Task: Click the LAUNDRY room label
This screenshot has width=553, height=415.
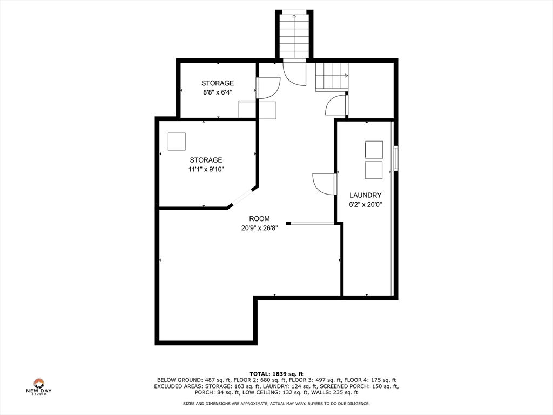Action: (366, 195)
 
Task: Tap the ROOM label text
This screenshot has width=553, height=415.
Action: (259, 219)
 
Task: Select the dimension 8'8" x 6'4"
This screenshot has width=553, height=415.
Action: (217, 92)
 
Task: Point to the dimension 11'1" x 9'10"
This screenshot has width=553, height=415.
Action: (206, 169)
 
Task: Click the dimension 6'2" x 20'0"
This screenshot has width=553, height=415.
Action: (366, 205)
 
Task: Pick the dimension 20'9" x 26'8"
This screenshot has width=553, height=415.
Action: (259, 229)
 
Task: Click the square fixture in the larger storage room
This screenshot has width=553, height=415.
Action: (177, 142)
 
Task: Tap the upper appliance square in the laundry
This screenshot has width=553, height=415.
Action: (374, 150)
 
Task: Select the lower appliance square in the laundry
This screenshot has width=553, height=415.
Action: (374, 170)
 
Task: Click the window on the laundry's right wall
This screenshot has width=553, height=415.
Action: (396, 158)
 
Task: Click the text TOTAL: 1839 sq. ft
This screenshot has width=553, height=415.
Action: (276, 374)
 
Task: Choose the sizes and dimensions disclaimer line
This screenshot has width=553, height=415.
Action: (276, 403)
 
